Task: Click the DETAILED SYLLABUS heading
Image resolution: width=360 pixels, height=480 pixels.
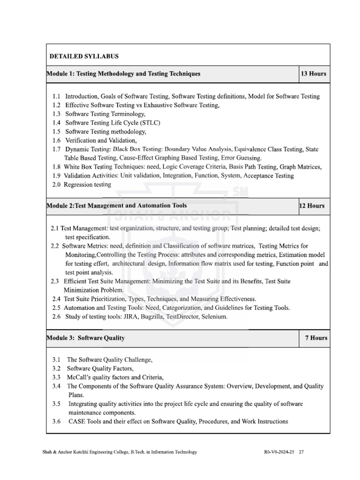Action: pyautogui.click(x=84, y=56)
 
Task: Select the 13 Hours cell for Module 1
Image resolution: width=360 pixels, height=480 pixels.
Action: pyautogui.click(x=314, y=74)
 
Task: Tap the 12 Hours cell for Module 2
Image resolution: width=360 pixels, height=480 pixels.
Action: pyautogui.click(x=311, y=206)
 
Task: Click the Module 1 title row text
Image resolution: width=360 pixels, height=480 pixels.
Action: pyautogui.click(x=124, y=74)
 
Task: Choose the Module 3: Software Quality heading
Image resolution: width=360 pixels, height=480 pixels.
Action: pyautogui.click(x=86, y=337)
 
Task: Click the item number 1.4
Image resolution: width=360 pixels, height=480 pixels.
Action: pyautogui.click(x=57, y=123)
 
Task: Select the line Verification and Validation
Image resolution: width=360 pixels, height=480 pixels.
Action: pyautogui.click(x=101, y=140)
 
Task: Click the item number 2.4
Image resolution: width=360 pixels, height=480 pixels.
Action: pyautogui.click(x=56, y=299)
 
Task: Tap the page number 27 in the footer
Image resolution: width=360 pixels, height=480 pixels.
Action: pyautogui.click(x=301, y=452)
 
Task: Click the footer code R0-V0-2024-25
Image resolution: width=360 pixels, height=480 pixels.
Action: pyautogui.click(x=280, y=452)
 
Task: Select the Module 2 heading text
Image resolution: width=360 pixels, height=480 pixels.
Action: pyautogui.click(x=117, y=206)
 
